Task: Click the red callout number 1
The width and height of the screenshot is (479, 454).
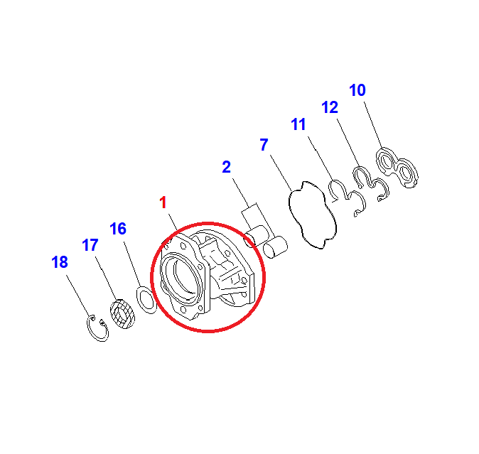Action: [x=163, y=202]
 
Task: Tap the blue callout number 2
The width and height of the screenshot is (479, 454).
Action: [x=227, y=167]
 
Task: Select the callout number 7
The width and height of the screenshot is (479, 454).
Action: [x=264, y=145]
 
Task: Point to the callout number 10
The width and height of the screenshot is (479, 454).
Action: [x=357, y=90]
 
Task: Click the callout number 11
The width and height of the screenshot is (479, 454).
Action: [x=298, y=124]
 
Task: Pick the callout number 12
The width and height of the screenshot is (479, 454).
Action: [x=330, y=107]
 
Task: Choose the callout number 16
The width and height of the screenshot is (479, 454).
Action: [x=118, y=229]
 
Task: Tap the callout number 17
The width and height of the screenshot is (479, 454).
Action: [x=90, y=245]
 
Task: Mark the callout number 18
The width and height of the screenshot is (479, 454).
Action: [x=60, y=262]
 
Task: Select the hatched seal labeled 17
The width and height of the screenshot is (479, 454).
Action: [x=122, y=314]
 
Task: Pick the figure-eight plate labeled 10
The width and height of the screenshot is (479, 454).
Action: [x=397, y=167]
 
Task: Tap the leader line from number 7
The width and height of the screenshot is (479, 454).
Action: [x=281, y=173]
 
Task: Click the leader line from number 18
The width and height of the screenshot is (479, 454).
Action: [x=78, y=296]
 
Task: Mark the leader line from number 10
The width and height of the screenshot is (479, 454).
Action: [x=373, y=124]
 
